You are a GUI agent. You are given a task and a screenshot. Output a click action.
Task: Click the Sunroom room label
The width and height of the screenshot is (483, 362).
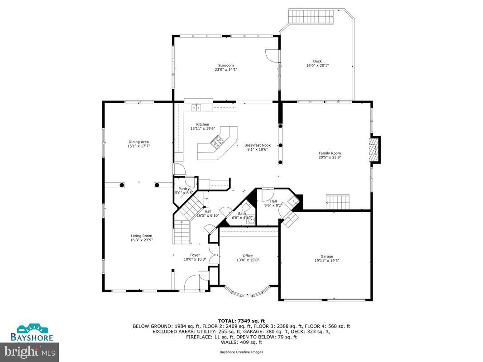[226, 65]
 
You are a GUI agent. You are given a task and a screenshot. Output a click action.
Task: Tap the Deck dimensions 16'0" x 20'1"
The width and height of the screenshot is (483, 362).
[317, 66]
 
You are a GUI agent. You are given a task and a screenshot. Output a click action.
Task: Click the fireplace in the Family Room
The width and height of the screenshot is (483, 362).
[374, 149]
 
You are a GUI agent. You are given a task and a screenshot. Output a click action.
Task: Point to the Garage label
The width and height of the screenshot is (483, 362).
[326, 256]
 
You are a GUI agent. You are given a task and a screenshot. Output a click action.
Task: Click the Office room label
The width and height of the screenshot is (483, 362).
[248, 256]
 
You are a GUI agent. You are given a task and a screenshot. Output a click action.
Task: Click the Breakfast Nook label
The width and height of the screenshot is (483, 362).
[257, 145]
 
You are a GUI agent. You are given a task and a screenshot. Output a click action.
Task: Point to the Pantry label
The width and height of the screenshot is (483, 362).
[184, 189]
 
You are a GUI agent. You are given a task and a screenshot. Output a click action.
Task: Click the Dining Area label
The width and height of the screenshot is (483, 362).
[139, 142]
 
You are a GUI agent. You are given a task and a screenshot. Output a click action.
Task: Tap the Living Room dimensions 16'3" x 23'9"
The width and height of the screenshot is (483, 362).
[142, 240]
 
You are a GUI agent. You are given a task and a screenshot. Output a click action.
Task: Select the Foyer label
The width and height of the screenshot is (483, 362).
[195, 255]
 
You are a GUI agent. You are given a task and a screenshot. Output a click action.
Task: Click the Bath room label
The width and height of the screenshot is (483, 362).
[242, 214]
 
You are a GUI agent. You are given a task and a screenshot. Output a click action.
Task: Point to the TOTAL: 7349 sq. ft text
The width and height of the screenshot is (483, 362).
[241, 320]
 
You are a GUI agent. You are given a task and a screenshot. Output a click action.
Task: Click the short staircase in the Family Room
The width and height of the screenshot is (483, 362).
[339, 201]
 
